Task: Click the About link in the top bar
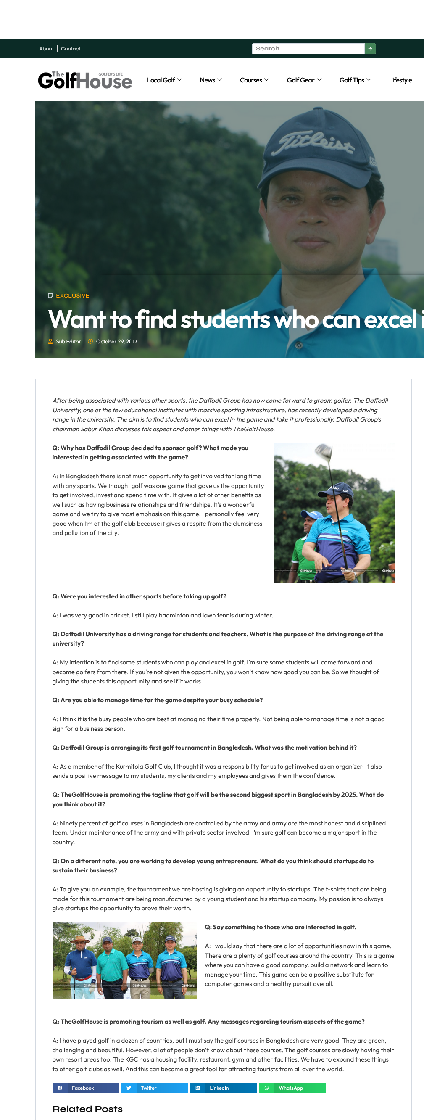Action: (x=46, y=49)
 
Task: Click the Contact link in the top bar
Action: (x=71, y=49)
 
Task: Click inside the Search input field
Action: (x=308, y=49)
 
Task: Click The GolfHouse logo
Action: (x=85, y=80)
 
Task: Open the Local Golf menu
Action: (x=164, y=80)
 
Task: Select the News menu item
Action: (x=211, y=80)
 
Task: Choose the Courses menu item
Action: (x=254, y=80)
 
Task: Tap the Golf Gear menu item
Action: (x=303, y=80)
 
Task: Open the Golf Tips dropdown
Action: (x=355, y=80)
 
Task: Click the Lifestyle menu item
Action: (x=400, y=80)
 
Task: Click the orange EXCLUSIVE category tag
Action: (x=72, y=295)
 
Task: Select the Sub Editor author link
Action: (x=68, y=341)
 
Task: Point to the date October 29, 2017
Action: (x=116, y=341)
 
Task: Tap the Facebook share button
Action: (x=85, y=1088)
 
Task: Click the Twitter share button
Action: (x=154, y=1088)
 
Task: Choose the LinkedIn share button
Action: (x=223, y=1088)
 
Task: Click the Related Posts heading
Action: (x=87, y=1109)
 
